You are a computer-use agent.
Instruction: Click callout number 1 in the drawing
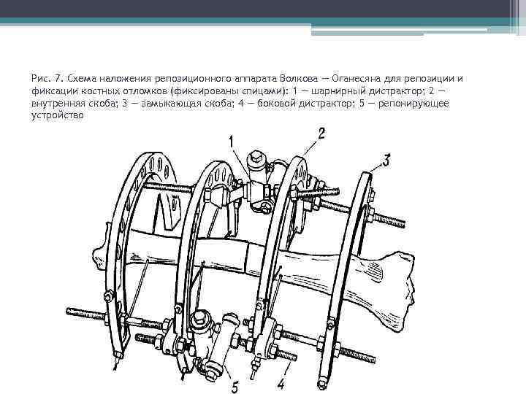coord(231,142)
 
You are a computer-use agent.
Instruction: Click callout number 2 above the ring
coord(321,134)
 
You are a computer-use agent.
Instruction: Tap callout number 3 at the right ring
coord(386,161)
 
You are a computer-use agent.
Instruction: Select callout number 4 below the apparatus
coord(281,384)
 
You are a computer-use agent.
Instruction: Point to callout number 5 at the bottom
coord(235,387)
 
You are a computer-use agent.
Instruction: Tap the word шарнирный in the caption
coord(338,91)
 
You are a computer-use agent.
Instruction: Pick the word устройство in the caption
coord(58,115)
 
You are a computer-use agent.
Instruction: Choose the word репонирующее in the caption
coord(413,104)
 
